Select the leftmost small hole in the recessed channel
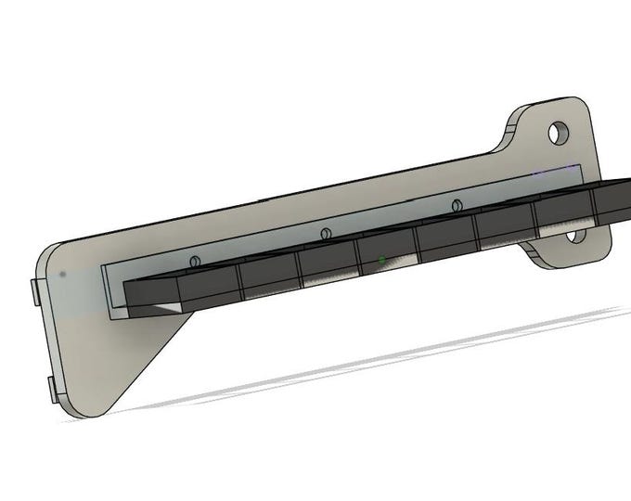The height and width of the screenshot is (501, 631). point(194,262)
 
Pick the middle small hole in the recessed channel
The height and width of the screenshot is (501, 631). point(325,233)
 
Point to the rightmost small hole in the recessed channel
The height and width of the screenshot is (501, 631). point(456,204)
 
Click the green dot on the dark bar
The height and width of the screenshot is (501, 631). point(382,260)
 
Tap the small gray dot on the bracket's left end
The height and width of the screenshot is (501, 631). point(62,275)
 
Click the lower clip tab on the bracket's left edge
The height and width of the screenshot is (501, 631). point(52,391)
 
